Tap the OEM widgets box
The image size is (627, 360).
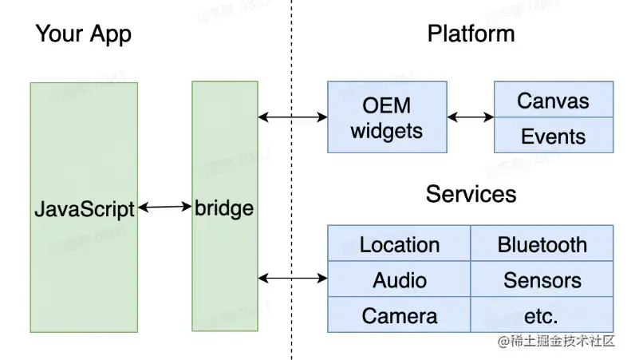387,117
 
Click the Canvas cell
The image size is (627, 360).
554,100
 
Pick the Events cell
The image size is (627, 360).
554,136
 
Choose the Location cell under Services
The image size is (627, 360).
399,243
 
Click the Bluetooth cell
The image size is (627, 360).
542,243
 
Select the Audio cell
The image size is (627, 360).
399,279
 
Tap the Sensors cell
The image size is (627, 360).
542,279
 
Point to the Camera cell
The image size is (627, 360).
399,315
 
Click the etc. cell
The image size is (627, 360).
542,315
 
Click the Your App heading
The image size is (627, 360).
83,34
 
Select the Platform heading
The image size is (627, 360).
471,34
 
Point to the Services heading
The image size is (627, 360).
471,193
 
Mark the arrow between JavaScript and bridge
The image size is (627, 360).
165,208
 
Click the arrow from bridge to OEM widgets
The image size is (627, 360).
293,117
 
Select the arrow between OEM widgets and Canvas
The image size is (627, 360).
470,117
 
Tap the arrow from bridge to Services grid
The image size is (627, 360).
293,278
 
